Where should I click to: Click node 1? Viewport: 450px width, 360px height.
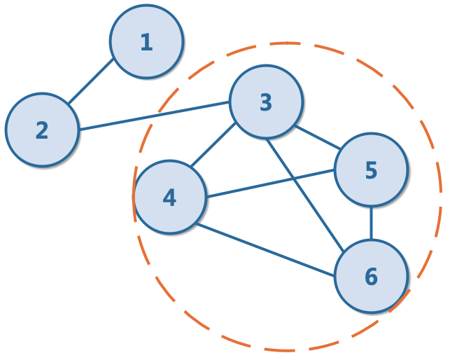click(146, 42)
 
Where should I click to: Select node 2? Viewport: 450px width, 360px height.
click(42, 130)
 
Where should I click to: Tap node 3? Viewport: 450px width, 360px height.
click(266, 102)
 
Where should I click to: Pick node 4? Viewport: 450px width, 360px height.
click(169, 198)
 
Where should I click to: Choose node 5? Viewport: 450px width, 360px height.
click(371, 170)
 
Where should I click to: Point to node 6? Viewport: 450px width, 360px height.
click(371, 277)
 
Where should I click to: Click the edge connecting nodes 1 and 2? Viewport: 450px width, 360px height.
click(91, 82)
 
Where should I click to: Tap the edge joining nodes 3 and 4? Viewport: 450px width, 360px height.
click(213, 146)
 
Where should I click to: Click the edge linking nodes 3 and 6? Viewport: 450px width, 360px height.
click(305, 194)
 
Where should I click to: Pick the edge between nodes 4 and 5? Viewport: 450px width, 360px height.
click(270, 183)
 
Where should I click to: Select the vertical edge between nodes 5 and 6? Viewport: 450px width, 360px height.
click(371, 223)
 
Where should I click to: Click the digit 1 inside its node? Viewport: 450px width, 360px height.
click(146, 42)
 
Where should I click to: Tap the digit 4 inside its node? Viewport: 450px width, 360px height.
click(169, 198)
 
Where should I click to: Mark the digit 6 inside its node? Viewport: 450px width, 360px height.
click(371, 277)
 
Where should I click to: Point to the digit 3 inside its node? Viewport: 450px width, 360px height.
click(266, 103)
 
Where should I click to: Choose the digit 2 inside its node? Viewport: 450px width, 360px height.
click(42, 130)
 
